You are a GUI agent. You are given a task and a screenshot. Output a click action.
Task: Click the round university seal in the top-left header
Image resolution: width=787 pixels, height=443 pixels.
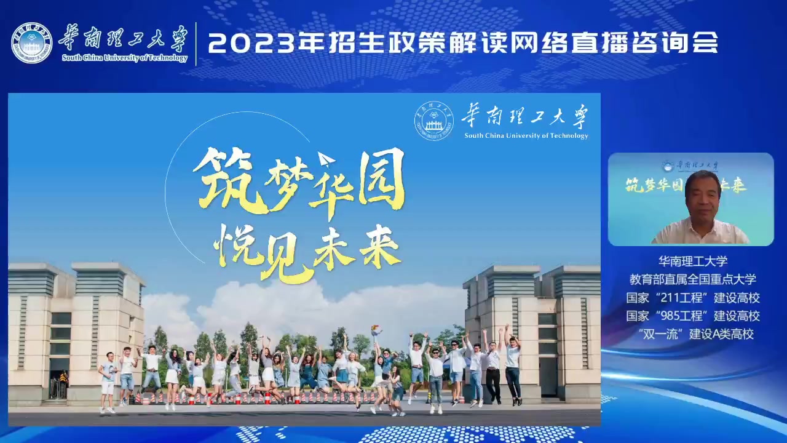coord(31,43)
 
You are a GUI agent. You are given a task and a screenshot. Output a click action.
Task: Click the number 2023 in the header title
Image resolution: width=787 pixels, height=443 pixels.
coord(250,43)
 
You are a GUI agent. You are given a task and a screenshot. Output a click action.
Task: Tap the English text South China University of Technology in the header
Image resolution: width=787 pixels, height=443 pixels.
coord(125,58)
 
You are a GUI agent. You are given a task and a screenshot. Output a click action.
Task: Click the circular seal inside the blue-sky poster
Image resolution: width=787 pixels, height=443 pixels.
coord(434,121)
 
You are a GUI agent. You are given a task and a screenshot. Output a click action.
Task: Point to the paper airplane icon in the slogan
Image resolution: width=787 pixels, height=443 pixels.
coord(326,159)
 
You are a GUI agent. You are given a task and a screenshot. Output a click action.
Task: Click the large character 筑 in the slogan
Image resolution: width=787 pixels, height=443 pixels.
coord(230,180)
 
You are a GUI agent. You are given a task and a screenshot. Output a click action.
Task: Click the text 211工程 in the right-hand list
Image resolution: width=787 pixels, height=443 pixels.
coord(682,298)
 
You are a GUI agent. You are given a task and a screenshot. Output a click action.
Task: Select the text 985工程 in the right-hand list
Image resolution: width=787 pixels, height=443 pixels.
coord(682,316)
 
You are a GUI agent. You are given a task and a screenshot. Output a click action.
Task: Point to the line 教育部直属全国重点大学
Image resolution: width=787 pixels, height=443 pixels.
coord(692,279)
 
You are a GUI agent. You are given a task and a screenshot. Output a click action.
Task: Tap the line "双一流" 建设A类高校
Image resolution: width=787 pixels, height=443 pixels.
coord(692,334)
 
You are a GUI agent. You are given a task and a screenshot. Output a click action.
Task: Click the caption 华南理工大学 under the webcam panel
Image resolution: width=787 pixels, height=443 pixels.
coord(693,261)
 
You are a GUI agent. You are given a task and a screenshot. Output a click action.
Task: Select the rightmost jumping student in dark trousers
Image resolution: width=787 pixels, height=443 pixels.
coord(513,365)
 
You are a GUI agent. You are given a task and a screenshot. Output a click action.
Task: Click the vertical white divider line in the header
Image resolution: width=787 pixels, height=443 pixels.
coord(196,44)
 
